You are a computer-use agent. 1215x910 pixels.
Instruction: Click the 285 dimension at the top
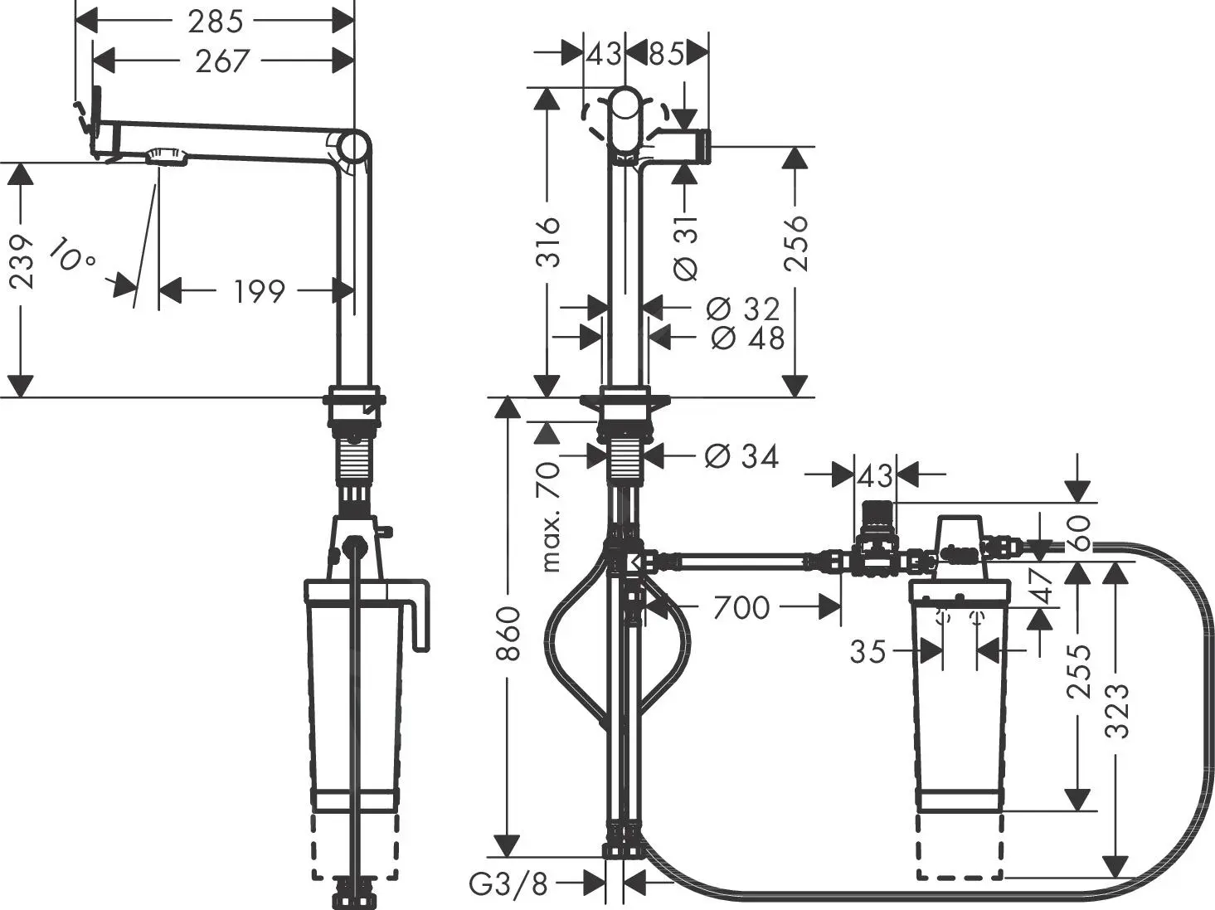pos(215,21)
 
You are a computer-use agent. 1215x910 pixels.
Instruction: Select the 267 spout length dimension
pos(222,61)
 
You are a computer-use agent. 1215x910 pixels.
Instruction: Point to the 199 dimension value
pos(259,291)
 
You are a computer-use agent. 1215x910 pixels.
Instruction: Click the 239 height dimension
pos(22,262)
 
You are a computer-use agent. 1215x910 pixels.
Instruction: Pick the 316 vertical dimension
pos(547,242)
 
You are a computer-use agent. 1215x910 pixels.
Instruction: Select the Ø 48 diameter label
pos(747,338)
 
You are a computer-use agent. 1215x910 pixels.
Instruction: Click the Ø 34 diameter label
pos(741,456)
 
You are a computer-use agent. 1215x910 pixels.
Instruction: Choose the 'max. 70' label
pos(550,517)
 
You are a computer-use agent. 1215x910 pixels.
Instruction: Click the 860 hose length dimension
pos(508,634)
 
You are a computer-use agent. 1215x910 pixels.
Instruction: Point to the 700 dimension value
pos(741,607)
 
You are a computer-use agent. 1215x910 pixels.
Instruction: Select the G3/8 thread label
pos(509,884)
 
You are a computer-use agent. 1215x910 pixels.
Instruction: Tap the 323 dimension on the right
pos(1118,710)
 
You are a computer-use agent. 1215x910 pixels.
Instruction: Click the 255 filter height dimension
pos(1079,670)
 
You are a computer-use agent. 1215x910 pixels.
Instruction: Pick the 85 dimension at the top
pos(666,54)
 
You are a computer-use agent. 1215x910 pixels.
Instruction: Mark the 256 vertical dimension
pos(795,243)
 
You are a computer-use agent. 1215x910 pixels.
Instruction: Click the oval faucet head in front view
pos(626,120)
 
